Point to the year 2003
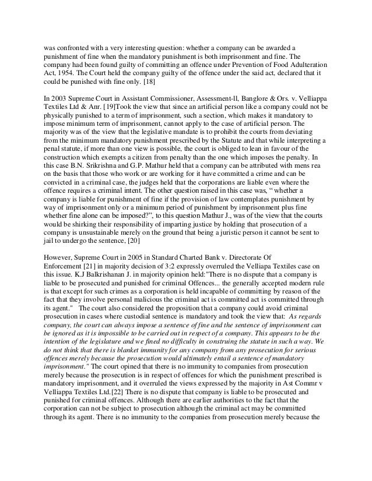click(60, 99)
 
